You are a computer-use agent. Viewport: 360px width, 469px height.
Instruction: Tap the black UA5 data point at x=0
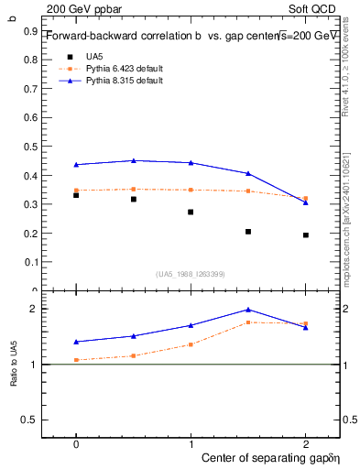[x=76, y=195]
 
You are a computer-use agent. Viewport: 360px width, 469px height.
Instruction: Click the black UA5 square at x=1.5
[x=248, y=232]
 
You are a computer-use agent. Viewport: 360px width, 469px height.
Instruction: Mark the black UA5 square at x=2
[x=306, y=235]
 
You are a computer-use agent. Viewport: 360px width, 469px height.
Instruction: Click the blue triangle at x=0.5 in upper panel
[x=134, y=160]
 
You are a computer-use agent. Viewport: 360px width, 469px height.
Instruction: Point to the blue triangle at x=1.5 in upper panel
[x=248, y=173]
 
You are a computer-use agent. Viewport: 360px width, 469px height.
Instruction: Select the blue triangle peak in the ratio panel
[x=248, y=310]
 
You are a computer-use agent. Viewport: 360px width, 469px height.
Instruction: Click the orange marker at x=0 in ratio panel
[x=76, y=360]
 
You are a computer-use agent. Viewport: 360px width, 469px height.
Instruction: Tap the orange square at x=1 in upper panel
[x=191, y=190]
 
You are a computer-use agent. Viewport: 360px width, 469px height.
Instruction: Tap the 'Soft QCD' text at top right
[x=318, y=7]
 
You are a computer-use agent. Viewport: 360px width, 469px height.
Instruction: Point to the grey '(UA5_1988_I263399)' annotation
[x=191, y=274]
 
